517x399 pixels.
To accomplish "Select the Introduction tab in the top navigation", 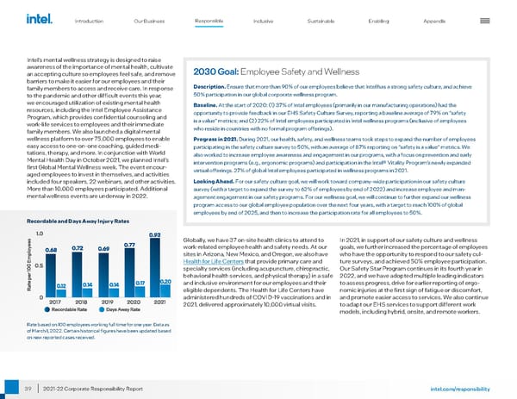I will coord(90,20).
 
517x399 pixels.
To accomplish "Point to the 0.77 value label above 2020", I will coord(129,245).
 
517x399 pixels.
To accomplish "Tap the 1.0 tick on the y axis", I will coord(40,234).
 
